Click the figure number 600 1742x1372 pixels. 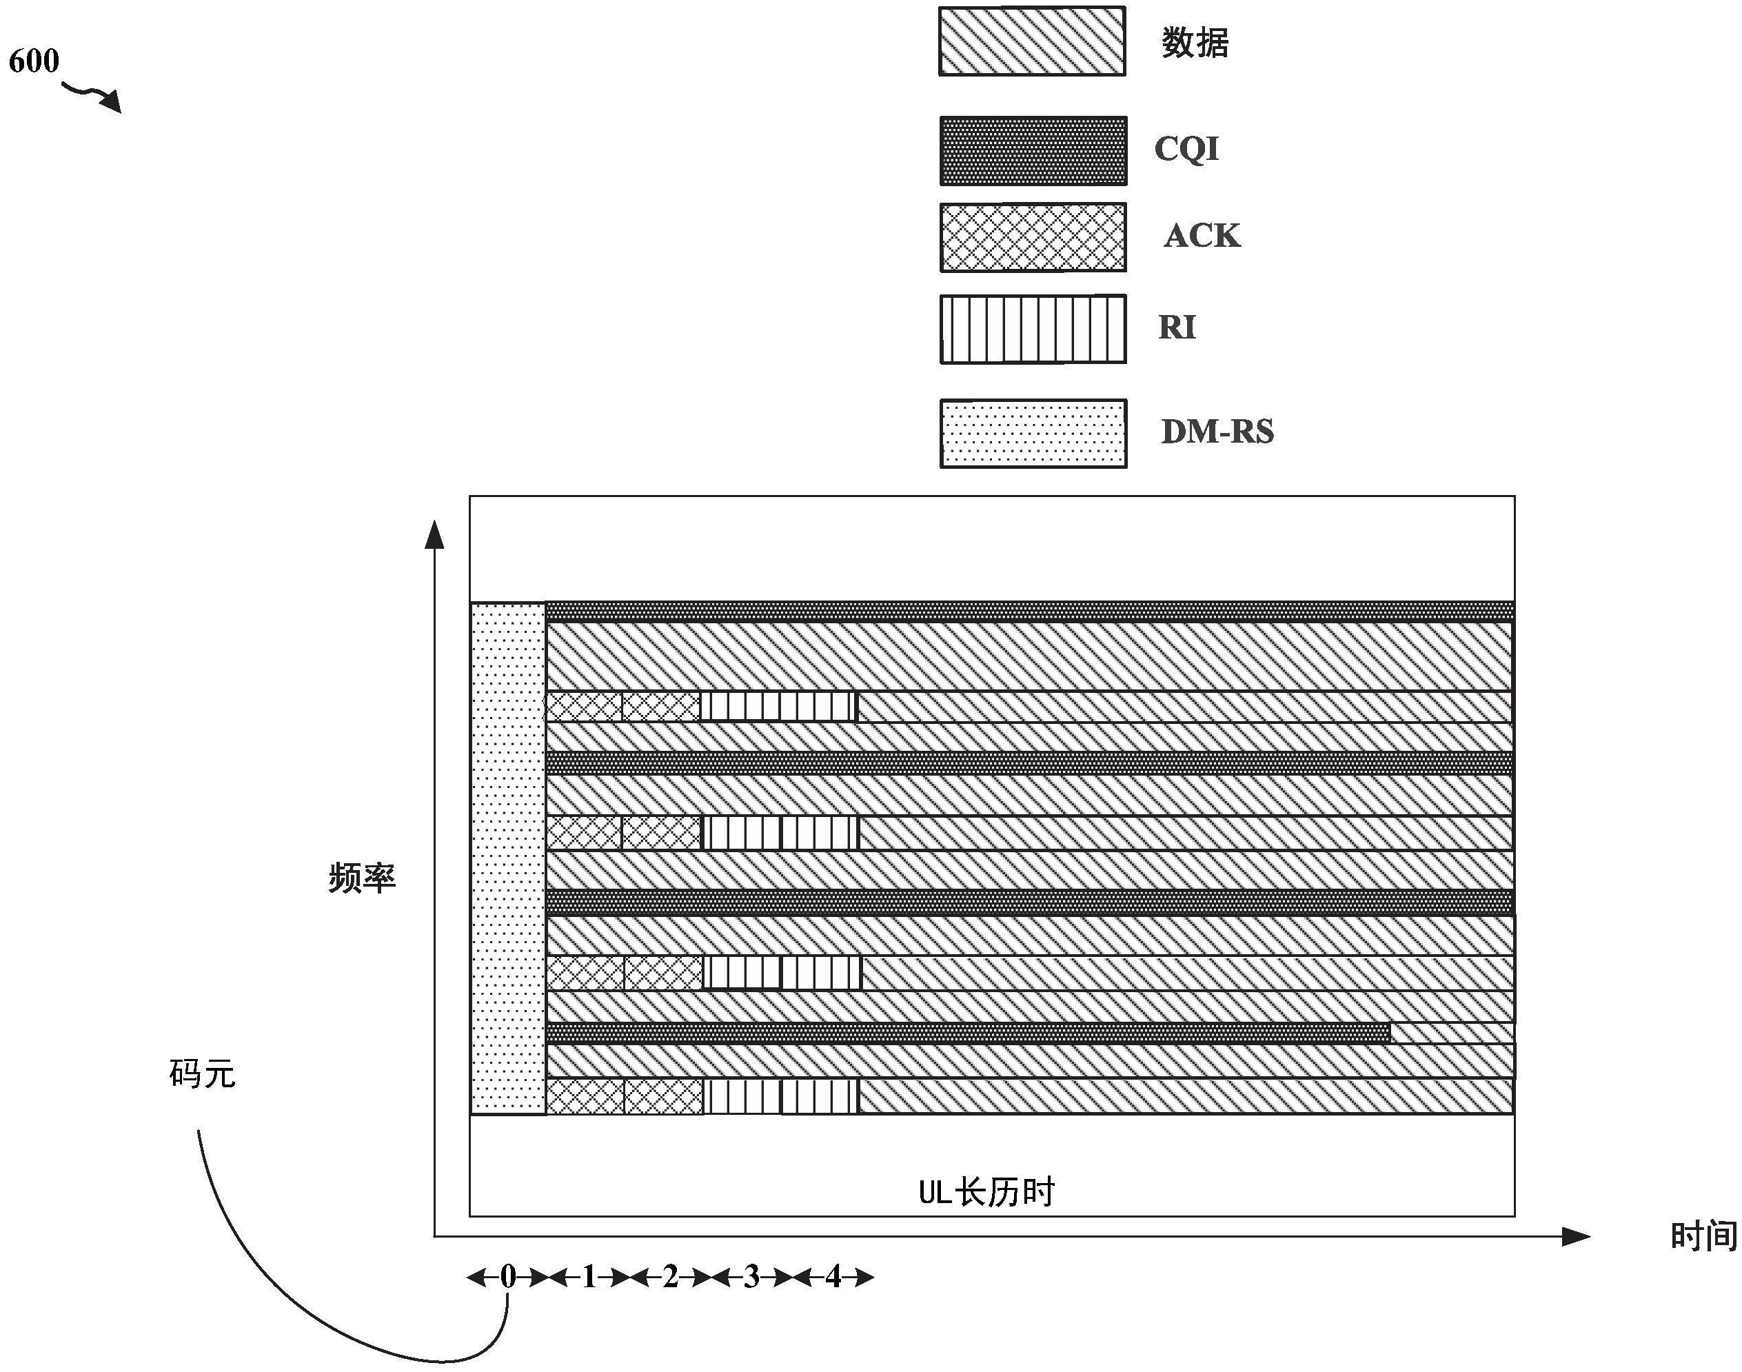(x=34, y=61)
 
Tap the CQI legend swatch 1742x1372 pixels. (x=1033, y=151)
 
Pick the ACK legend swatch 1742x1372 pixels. (x=1033, y=237)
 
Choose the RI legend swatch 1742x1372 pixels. (x=1033, y=330)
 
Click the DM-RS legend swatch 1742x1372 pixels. (x=1033, y=434)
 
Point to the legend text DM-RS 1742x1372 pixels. (x=1217, y=432)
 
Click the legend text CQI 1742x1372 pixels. (x=1186, y=150)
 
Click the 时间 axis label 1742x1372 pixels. (x=1703, y=1236)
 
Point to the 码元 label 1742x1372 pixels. (x=203, y=1074)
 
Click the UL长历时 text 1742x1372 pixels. (x=986, y=1193)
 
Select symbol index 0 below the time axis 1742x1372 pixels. (x=507, y=1276)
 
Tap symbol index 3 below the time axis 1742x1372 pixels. (x=751, y=1276)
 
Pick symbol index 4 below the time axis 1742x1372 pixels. (x=833, y=1276)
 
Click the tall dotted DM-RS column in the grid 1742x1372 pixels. (x=507, y=858)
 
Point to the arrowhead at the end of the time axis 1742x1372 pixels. (x=1576, y=1237)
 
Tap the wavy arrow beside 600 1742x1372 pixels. (x=92, y=96)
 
